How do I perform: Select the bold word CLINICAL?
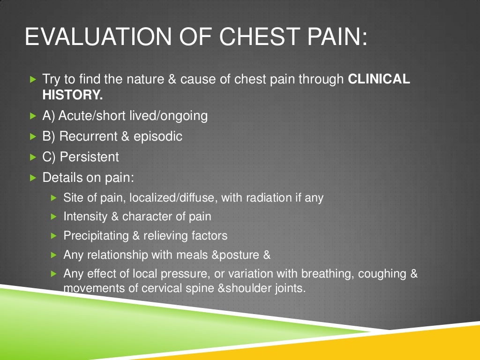(379, 79)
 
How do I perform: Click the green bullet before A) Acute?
(32, 115)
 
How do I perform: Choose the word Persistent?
(89, 157)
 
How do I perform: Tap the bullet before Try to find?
(32, 80)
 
